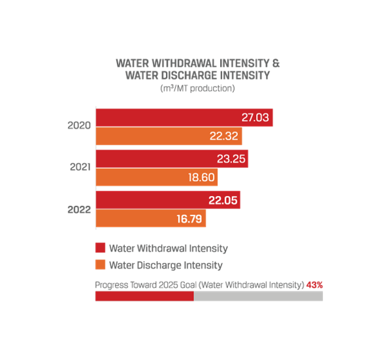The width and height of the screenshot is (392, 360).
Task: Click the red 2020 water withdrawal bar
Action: coord(163,118)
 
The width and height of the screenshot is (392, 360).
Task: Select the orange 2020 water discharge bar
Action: coord(157,137)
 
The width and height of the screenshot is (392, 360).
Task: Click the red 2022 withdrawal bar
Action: coord(150,201)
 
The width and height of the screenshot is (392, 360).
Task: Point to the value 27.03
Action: coord(253,118)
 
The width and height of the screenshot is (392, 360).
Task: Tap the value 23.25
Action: coord(229,159)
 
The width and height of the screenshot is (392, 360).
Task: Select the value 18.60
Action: coord(199,178)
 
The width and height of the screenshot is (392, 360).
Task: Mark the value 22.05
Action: coord(221,201)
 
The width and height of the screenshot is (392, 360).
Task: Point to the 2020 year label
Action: coord(79,125)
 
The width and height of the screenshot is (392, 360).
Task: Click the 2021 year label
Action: coord(80,167)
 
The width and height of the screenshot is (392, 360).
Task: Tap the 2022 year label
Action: coord(79,209)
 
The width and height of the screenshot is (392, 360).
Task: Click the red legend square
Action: coord(100,248)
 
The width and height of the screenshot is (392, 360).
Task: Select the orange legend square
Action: coord(100,265)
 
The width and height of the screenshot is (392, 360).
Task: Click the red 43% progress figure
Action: coord(315,285)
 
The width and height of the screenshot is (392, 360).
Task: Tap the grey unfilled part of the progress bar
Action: coord(258,297)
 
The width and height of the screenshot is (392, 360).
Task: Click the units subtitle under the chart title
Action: coord(197,89)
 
